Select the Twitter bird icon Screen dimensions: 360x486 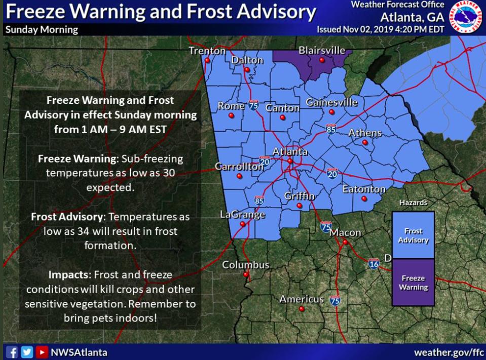pos(27,352)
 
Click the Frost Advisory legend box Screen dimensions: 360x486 pos(413,235)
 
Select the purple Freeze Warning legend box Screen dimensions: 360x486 pos(413,283)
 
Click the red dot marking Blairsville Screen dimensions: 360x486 pos(321,60)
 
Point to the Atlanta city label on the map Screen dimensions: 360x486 pos(290,151)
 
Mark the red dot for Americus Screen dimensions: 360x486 pos(302,308)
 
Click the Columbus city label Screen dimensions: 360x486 pos(246,265)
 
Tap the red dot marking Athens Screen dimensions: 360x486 pos(365,143)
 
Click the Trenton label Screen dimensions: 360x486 pos(207,51)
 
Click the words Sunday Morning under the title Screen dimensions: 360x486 pos(42,29)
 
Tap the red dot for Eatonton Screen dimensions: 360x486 pos(363,199)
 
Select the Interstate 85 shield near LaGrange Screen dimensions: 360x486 pos(259,200)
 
